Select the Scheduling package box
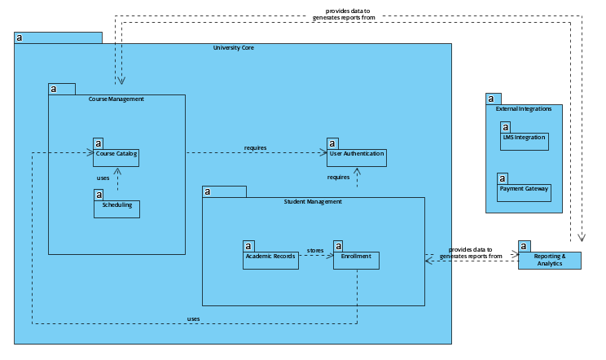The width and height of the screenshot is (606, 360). coord(116,209)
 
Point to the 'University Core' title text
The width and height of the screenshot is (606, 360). coord(233,48)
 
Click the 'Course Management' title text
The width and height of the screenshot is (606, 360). coord(116,99)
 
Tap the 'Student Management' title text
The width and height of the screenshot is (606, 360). coord(313,202)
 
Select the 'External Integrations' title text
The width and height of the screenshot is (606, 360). coord(524,108)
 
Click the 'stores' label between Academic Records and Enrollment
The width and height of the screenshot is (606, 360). coord(315,250)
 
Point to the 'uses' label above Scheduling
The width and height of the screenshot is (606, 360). coord(103,178)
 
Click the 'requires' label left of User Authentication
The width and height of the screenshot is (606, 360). coord(255,147)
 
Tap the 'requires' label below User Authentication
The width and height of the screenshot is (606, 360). coord(338,177)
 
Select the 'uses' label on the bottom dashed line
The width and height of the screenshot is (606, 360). coord(193,318)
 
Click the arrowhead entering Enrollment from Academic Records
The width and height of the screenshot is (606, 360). coord(330,257)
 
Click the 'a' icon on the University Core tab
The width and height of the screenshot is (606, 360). coord(20,37)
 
